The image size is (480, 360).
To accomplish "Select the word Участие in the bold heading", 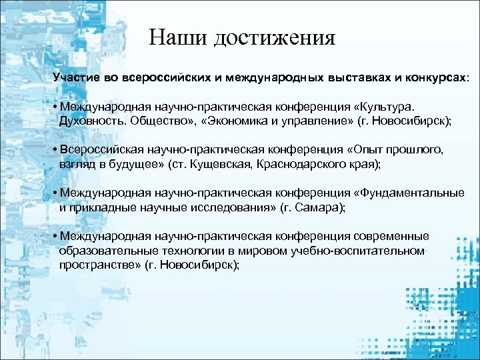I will [76, 77].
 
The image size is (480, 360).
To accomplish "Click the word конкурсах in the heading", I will [433, 77].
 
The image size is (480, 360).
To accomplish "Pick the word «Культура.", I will [385, 107].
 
